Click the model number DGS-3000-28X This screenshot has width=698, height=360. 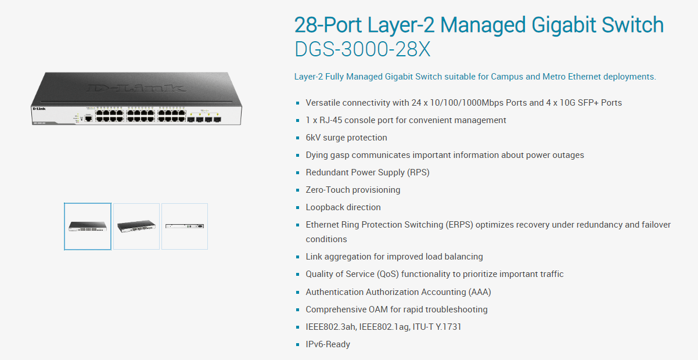pos(362,49)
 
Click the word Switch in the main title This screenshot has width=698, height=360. pos(632,25)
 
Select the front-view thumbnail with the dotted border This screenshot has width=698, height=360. pos(88,226)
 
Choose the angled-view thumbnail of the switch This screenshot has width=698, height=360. pos(136,226)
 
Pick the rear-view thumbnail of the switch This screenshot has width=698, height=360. pos(185,226)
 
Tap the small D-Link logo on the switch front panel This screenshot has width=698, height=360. pos(39,109)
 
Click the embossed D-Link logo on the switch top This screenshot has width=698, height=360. pos(136,88)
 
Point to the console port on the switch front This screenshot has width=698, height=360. pos(88,118)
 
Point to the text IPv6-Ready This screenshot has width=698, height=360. pos(328,344)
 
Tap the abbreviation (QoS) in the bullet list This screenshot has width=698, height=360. pos(388,274)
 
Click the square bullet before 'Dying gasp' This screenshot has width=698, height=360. pos(298,155)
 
